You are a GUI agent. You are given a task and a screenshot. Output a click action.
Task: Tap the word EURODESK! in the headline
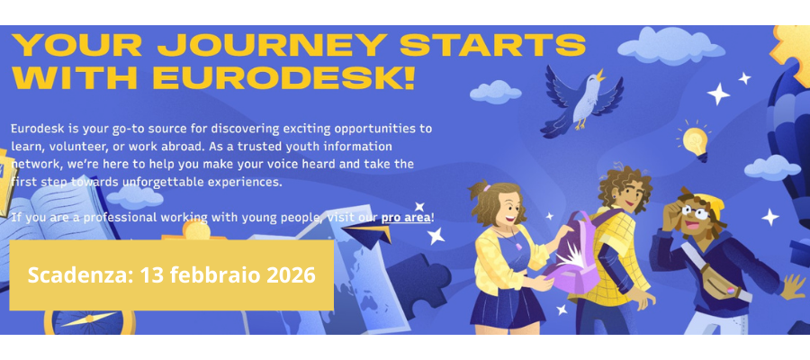(283, 77)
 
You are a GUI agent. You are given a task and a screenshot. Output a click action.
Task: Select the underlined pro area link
(406, 218)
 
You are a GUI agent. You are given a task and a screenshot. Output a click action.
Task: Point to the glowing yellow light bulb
(695, 140)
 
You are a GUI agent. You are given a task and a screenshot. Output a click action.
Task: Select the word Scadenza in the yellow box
(78, 274)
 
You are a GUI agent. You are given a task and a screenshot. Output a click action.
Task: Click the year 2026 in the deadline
(291, 274)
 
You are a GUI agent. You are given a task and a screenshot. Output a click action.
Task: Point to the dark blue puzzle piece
(416, 283)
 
